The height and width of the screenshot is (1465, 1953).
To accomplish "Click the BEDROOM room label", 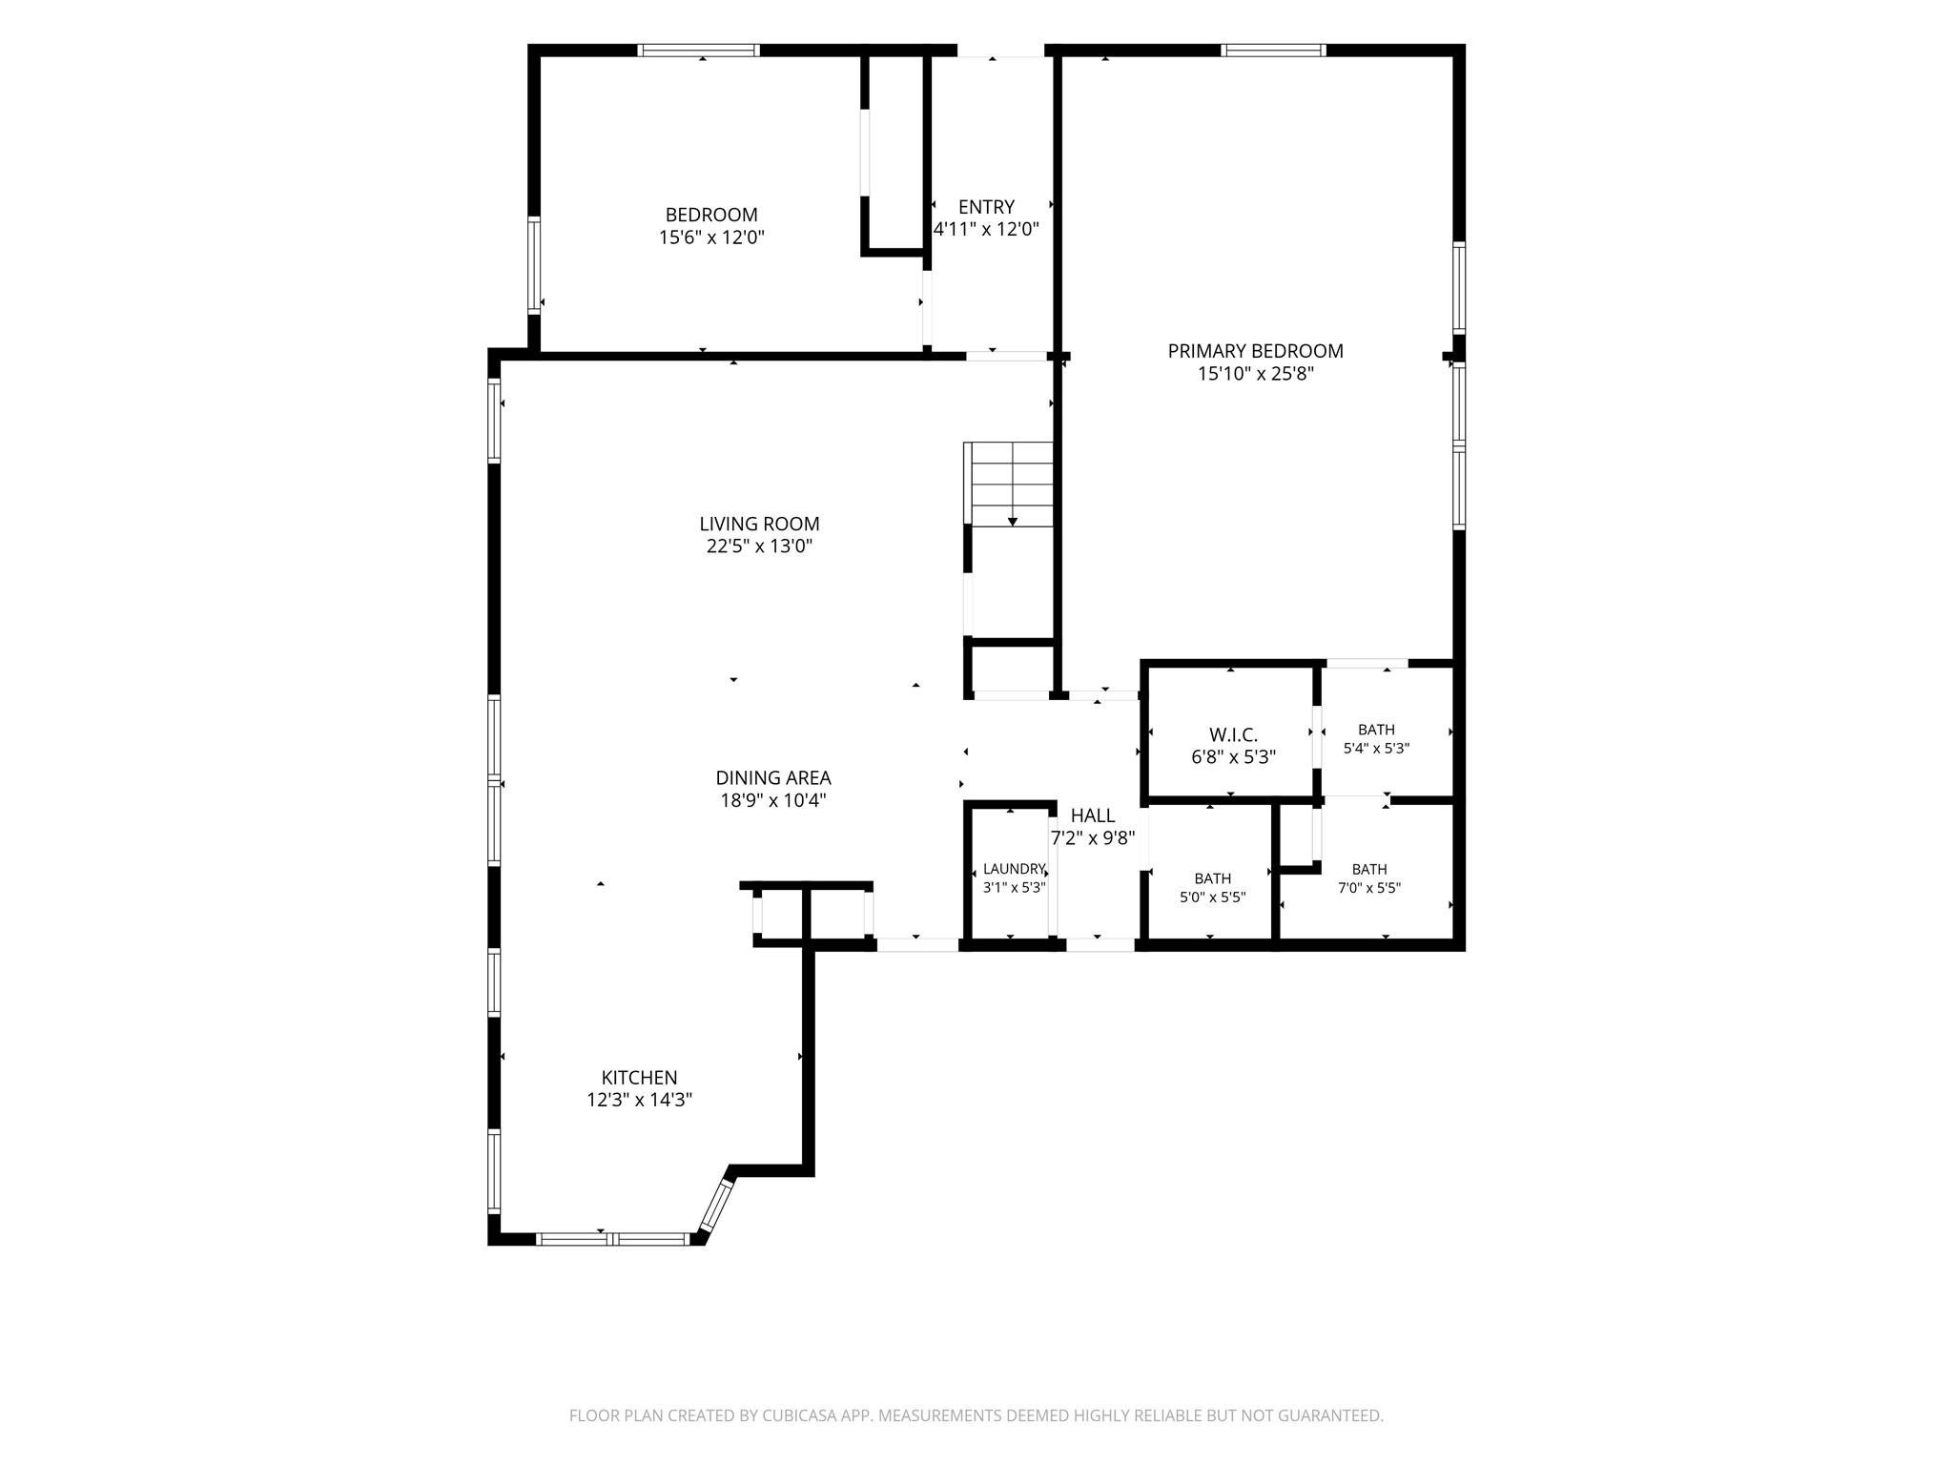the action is tap(711, 216).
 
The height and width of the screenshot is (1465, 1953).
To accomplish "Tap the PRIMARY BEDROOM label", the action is tap(1255, 351).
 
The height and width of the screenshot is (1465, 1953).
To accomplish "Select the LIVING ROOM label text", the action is tap(759, 524).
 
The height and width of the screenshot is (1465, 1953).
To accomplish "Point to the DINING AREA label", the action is tap(773, 777).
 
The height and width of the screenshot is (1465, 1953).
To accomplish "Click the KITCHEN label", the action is tap(639, 1078).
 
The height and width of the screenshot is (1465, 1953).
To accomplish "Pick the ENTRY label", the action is tap(986, 207).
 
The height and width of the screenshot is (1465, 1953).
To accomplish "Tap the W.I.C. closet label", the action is tap(1233, 735).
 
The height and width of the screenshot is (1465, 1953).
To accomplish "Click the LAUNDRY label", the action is tap(1015, 869).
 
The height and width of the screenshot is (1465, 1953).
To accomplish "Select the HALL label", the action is tap(1093, 815).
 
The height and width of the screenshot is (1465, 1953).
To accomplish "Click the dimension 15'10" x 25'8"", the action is tap(1256, 374).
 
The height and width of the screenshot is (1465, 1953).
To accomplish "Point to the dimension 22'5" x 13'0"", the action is tap(759, 547).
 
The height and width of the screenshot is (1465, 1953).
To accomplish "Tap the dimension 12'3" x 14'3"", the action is tap(639, 1101).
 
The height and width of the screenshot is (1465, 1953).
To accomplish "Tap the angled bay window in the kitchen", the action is tap(715, 1204).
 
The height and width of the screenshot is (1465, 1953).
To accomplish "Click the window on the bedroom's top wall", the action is tap(698, 51).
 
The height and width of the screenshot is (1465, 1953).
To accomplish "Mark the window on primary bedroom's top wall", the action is tap(1273, 51).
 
